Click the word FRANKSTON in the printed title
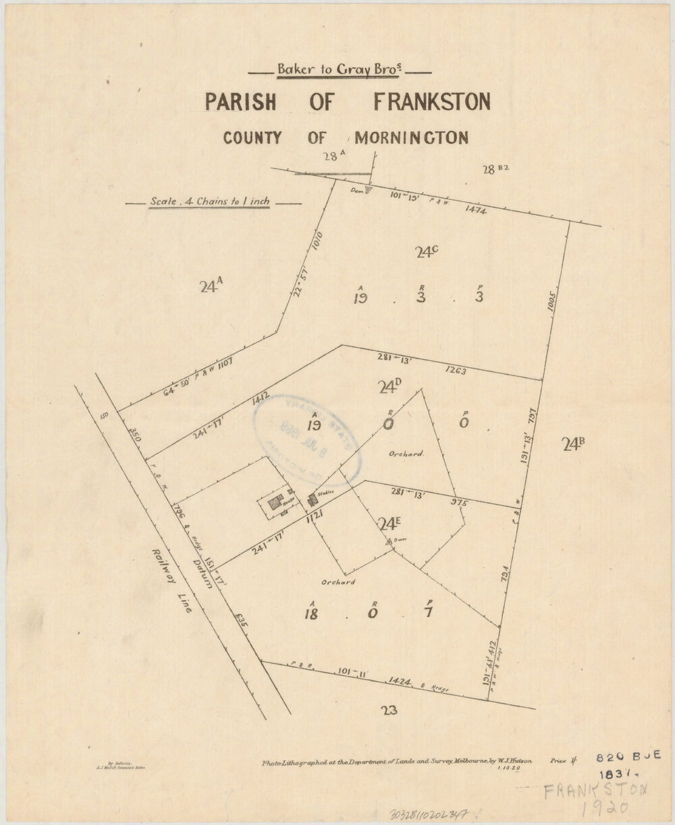click(431, 103)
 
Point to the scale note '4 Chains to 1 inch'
click(209, 201)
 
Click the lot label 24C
click(427, 252)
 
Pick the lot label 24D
click(390, 387)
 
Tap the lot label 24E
click(390, 523)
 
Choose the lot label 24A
click(211, 286)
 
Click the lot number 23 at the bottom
click(389, 710)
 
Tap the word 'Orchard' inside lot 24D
click(405, 454)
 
